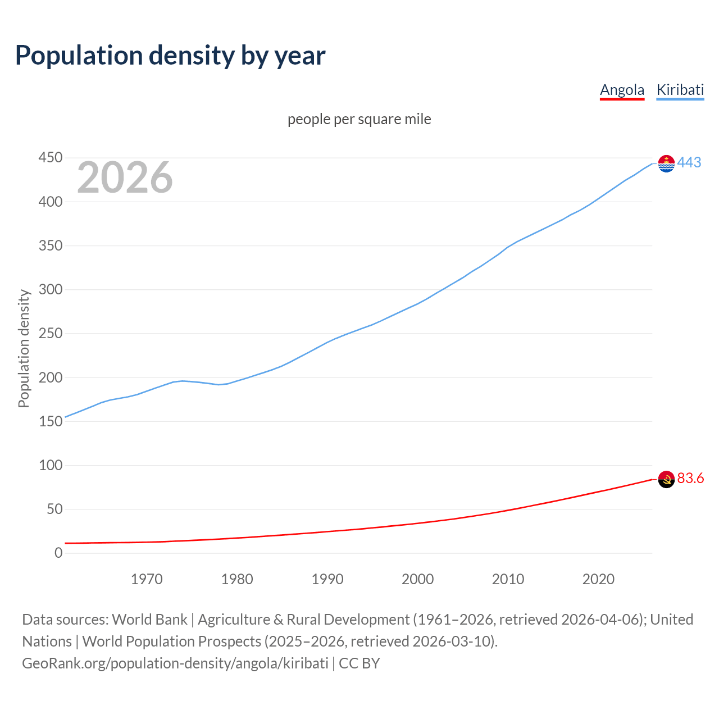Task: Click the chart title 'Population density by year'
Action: coord(170,56)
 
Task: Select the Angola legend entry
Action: coord(622,90)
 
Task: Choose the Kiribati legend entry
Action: coord(680,90)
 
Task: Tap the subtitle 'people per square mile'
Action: coord(359,120)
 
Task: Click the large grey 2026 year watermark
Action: coord(125,178)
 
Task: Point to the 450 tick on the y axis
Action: coord(50,158)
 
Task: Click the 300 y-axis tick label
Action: coord(50,290)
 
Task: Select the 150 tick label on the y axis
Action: coord(50,421)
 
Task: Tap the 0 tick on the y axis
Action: coord(58,553)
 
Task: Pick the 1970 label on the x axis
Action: coord(147,579)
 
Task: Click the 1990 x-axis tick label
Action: coord(327,579)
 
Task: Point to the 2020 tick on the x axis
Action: coord(598,579)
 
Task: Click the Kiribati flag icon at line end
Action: coord(666,163)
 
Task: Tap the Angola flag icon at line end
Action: coord(666,479)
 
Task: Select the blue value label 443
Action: coord(689,162)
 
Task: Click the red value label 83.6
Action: coord(690,478)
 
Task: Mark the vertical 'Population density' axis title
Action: coord(24,348)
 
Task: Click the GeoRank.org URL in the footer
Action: coord(175,663)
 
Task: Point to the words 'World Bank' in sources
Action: coord(149,620)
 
